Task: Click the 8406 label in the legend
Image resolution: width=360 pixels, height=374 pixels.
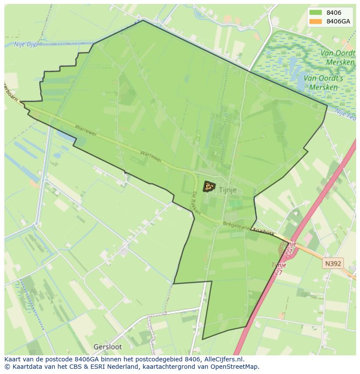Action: tap(333, 13)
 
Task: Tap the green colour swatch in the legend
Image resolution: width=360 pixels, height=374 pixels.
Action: tap(316, 13)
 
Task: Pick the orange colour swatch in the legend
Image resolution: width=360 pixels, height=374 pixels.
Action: tap(316, 21)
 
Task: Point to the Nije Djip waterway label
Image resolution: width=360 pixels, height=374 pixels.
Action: tap(26, 44)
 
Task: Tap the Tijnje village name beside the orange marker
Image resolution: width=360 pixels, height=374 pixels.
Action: tap(228, 190)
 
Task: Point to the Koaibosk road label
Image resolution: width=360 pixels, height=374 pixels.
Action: tap(263, 232)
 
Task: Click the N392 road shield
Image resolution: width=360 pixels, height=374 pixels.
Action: tap(333, 263)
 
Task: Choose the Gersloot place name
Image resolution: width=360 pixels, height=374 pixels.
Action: tap(108, 347)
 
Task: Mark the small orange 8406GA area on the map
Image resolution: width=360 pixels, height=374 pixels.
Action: tap(209, 186)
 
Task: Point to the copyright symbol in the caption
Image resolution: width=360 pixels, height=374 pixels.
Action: tap(7, 367)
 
